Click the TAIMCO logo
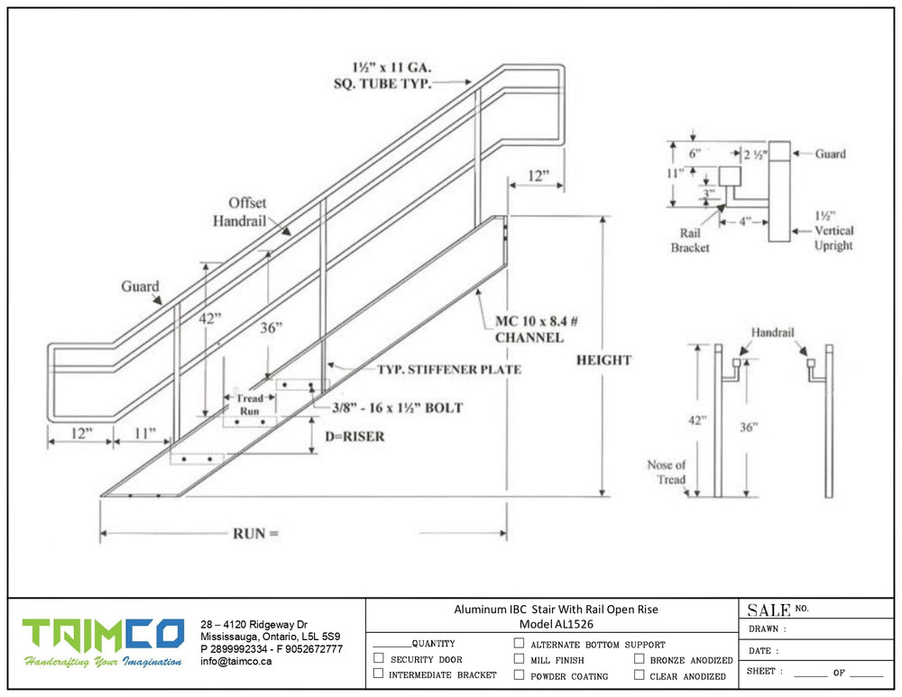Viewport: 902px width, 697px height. coord(103,637)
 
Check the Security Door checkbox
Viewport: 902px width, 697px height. coord(379,659)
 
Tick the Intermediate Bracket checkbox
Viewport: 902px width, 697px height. coord(379,674)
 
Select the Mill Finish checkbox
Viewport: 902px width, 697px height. coord(519,659)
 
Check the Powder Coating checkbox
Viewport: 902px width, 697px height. coord(519,674)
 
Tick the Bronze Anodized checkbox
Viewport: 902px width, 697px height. coord(639,659)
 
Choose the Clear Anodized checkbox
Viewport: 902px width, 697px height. coord(639,674)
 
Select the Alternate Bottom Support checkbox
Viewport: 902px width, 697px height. coord(519,644)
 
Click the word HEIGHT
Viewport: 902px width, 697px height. coord(603,361)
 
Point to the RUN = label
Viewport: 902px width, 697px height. coord(256,534)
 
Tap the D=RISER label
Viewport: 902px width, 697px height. coord(354,437)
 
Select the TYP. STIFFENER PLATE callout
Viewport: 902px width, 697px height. coord(448,370)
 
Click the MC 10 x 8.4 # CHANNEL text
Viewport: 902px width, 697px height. coord(529,329)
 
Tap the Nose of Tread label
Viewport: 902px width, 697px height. coord(667,472)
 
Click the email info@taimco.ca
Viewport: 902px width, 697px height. coord(235,661)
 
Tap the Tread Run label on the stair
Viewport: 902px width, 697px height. coord(250,405)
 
